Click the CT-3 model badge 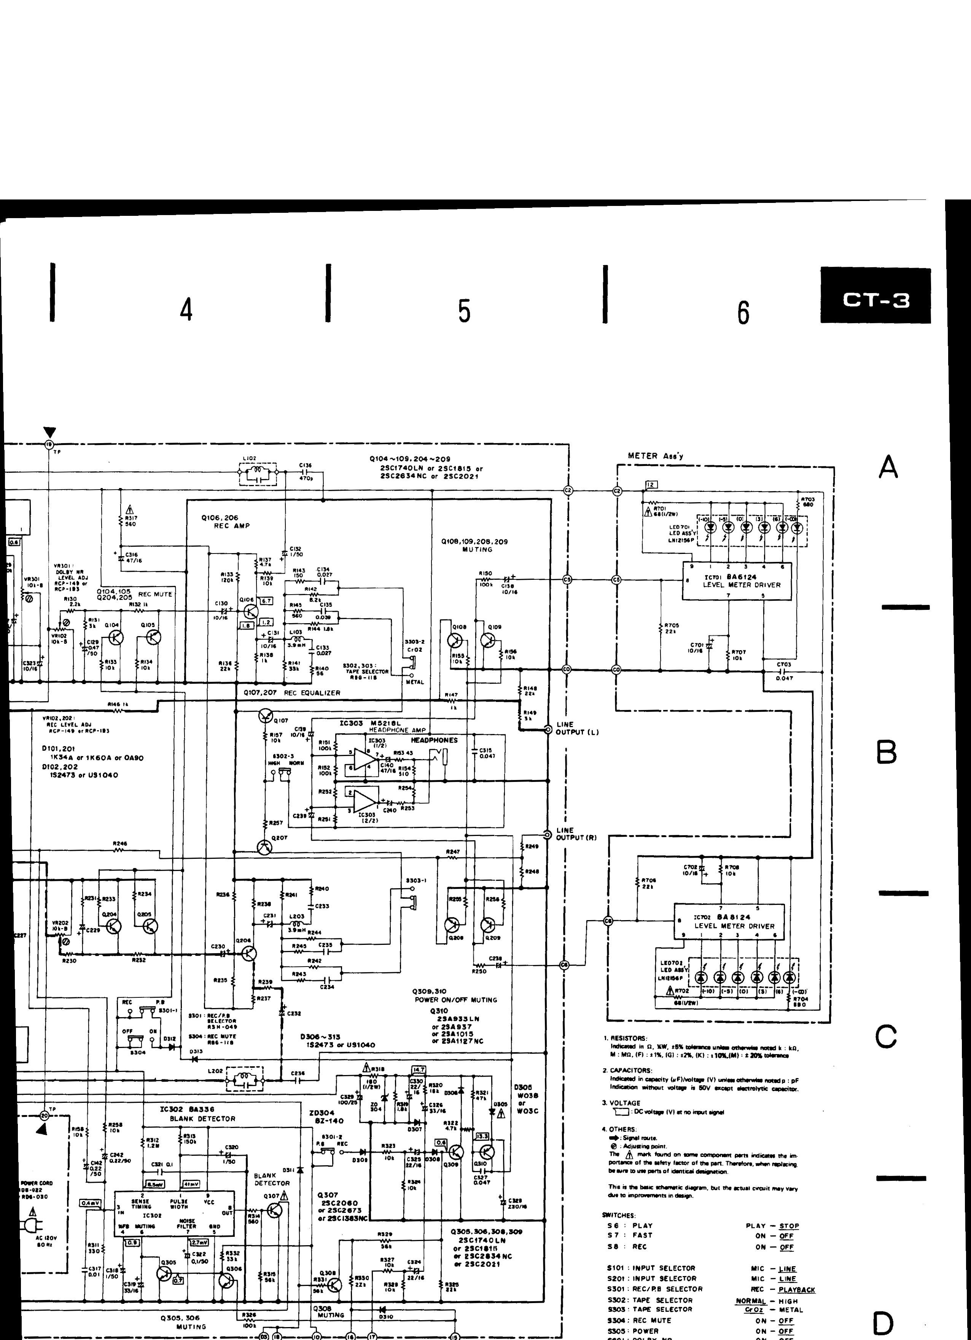click(875, 301)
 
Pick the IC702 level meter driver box click(730, 922)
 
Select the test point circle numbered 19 click(49, 444)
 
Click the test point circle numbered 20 click(45, 1115)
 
